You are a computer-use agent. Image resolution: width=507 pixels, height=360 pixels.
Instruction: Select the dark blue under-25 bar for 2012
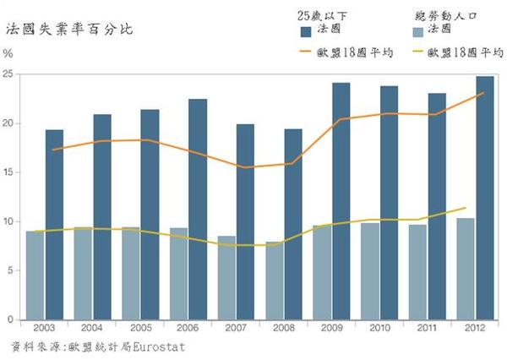click(484, 199)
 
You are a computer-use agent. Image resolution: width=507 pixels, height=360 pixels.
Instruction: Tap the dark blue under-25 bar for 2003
click(54, 225)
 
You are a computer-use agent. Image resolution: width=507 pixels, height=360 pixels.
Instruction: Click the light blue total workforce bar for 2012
click(466, 269)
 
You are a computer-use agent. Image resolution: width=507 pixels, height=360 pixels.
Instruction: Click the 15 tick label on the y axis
click(8, 172)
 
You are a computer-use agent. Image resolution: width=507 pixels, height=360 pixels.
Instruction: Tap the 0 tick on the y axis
click(10, 319)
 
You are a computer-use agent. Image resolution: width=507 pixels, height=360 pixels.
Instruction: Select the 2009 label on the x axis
click(331, 327)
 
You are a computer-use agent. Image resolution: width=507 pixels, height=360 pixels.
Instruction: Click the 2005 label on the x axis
click(140, 327)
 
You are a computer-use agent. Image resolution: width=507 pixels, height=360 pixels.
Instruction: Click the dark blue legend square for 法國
click(307, 31)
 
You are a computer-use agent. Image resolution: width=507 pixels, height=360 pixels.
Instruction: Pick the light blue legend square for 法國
click(416, 31)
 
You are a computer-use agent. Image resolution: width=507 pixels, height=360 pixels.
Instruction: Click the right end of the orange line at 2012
click(483, 93)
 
